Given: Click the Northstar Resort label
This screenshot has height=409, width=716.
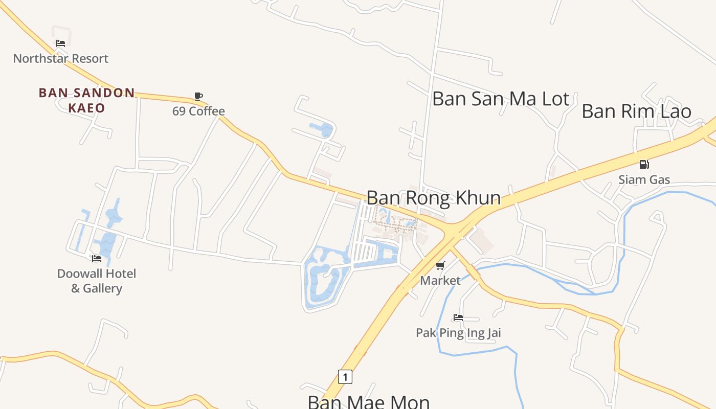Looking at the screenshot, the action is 60,58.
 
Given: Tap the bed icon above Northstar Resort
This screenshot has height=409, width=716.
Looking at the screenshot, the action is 60,43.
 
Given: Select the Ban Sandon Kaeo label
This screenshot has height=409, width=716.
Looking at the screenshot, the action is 86,100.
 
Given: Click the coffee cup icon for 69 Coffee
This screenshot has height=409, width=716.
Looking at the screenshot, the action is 198,96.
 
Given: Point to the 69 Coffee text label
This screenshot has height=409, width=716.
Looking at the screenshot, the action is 198,111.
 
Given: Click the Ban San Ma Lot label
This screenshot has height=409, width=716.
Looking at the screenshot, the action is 501,99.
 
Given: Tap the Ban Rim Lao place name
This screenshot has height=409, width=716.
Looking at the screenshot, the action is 636,111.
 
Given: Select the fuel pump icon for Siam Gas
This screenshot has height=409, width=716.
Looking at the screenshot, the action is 644,165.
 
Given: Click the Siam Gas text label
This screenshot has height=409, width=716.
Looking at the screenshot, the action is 644,179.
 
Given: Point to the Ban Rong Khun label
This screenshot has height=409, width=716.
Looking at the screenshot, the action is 433,198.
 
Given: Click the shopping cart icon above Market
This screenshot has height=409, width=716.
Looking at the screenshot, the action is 440,266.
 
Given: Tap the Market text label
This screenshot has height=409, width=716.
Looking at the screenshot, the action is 440,280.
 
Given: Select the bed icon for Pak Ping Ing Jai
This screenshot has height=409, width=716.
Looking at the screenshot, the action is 458,318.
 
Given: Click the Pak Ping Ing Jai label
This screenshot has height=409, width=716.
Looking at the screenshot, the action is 458,333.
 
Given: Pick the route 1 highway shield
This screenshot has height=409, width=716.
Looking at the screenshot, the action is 345,377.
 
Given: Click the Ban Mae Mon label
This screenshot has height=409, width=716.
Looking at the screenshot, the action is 368,401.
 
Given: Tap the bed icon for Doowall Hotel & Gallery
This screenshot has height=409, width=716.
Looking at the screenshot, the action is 96,259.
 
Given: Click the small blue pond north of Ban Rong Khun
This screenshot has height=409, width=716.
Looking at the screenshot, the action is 322,129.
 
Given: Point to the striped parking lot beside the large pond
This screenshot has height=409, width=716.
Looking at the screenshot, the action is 365,252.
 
